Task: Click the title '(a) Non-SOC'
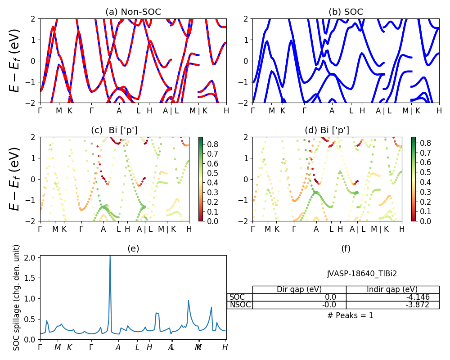tap(133, 12)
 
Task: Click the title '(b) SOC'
tap(346, 12)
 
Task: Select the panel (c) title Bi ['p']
tap(114, 130)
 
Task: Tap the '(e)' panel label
tap(133, 248)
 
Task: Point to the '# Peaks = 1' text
tap(350, 315)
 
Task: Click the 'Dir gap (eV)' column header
tap(299, 289)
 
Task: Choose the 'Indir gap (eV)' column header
tap(392, 289)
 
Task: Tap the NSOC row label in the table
tap(239, 305)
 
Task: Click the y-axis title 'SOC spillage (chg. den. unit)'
tap(17, 297)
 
